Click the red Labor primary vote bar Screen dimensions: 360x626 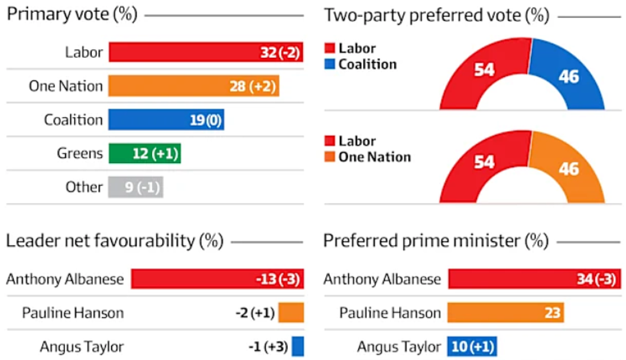[x=206, y=52]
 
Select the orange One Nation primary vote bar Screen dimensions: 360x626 [x=194, y=86]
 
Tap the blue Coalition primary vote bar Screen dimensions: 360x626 [x=166, y=120]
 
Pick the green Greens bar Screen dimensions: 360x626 [x=145, y=154]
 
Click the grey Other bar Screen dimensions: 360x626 [x=135, y=187]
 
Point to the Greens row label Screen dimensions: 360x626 [x=80, y=154]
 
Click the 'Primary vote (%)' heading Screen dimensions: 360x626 [x=72, y=15]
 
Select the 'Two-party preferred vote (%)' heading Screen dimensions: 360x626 [x=436, y=15]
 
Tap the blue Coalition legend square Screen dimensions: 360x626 [x=330, y=64]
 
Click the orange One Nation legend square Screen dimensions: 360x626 [x=330, y=157]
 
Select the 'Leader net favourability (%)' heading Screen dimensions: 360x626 [x=115, y=241]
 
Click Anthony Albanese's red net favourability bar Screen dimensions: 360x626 [x=217, y=279]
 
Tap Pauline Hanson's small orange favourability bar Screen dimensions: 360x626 [x=291, y=313]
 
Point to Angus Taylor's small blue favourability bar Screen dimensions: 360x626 [x=298, y=346]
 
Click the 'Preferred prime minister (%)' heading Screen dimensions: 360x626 [x=436, y=241]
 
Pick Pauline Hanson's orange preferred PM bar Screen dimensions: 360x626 [x=506, y=313]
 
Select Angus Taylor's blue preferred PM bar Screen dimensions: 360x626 [x=472, y=346]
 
